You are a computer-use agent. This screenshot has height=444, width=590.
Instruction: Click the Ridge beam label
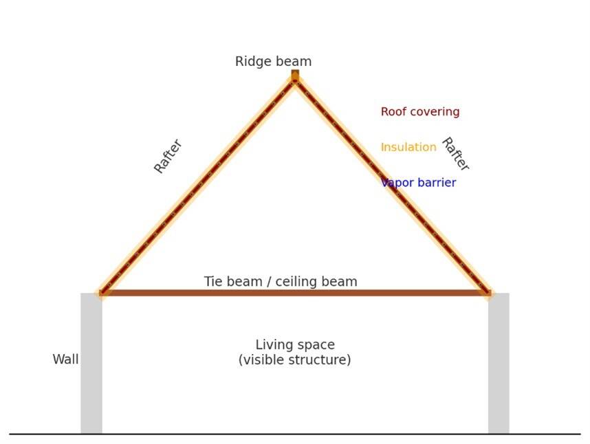coord(273,62)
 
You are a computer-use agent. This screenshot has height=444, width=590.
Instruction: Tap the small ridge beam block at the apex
coord(295,74)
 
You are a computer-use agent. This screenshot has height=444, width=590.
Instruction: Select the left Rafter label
coord(168,156)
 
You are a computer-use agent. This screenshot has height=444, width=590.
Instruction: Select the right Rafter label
coord(455,154)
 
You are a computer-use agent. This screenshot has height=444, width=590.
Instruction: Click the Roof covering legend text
coord(420,112)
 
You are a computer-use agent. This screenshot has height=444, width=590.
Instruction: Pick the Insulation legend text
coord(408,148)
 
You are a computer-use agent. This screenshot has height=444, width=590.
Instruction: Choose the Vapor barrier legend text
coord(418,184)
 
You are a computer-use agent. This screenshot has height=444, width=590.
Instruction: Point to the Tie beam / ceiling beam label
coord(281,282)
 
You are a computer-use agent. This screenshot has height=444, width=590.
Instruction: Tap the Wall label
coord(65,359)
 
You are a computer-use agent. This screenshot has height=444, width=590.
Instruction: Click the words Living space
coord(295,345)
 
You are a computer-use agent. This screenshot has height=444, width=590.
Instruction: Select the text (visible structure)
coord(295,360)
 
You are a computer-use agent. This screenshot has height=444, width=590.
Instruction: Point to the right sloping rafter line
coord(392,186)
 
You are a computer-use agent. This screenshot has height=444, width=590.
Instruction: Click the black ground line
coord(295,434)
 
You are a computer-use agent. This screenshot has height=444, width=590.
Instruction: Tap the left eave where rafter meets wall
coord(103,292)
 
